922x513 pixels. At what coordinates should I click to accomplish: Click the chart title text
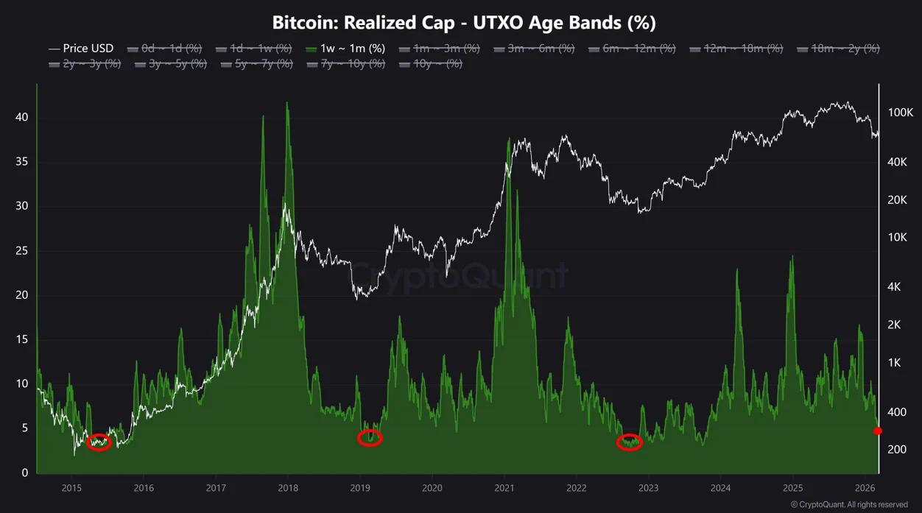tap(464, 22)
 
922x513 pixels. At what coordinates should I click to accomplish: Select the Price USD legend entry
tap(82, 49)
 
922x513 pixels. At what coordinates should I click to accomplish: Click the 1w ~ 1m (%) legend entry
tap(345, 49)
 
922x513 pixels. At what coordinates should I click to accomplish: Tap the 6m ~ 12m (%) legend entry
tap(632, 49)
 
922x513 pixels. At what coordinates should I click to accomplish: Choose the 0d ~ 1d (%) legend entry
tap(164, 49)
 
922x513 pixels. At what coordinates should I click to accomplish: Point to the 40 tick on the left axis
tap(21, 118)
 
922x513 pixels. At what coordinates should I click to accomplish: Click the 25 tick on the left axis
tap(21, 251)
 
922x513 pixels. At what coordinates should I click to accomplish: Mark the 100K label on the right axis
tap(900, 113)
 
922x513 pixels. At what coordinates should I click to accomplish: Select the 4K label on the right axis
tap(895, 287)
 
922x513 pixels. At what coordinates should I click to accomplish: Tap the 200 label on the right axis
tap(895, 449)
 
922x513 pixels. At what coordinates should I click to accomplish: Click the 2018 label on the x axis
tap(288, 488)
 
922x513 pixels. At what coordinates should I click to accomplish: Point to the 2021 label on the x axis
tap(504, 488)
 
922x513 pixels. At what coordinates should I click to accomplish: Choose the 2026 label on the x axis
tap(865, 488)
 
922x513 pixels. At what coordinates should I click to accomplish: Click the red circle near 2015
tap(99, 442)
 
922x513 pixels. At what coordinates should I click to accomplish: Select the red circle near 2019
tap(370, 438)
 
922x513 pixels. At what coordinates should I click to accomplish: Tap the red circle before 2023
tap(629, 442)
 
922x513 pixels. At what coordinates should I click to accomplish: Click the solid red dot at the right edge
tap(877, 431)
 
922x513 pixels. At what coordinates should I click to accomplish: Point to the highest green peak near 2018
tap(286, 103)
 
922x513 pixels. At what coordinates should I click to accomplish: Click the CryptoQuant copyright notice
tap(849, 505)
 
